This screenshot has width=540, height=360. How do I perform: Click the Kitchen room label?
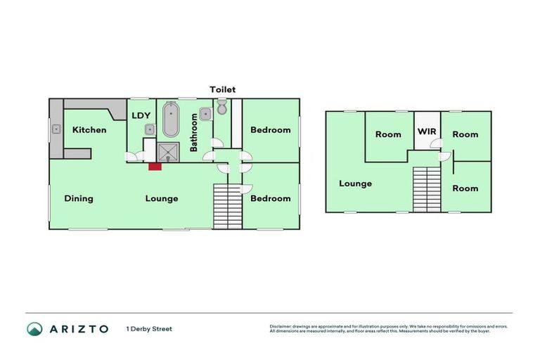click(89, 129)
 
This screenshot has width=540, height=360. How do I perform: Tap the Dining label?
click(79, 198)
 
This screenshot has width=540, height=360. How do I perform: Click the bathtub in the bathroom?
click(171, 121)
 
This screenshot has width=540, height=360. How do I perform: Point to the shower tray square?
click(169, 152)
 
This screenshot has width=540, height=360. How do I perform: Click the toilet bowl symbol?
click(221, 108)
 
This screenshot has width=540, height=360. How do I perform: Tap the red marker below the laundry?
click(153, 166)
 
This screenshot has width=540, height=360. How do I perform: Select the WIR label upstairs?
click(427, 131)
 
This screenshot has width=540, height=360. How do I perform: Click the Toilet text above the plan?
click(222, 89)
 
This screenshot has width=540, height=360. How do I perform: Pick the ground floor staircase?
click(227, 205)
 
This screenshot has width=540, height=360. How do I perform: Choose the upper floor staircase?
click(426, 188)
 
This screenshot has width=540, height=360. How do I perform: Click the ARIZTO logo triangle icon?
click(34, 328)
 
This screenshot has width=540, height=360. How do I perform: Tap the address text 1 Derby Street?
click(149, 328)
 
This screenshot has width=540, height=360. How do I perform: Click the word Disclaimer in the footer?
click(283, 326)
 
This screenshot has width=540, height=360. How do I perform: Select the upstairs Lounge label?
click(355, 184)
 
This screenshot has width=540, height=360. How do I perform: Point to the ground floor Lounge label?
click(162, 198)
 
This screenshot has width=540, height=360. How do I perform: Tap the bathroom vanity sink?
click(205, 114)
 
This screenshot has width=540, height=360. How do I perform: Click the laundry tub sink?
click(150, 129)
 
